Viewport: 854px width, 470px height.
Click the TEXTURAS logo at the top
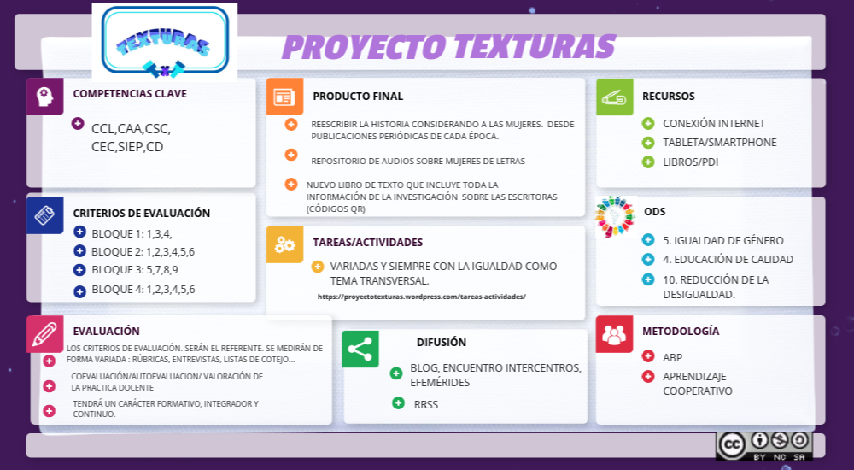click(x=164, y=42)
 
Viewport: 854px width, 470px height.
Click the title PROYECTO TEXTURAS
click(x=448, y=47)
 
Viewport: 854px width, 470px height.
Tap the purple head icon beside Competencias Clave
click(x=44, y=96)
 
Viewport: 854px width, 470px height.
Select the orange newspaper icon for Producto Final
click(x=284, y=97)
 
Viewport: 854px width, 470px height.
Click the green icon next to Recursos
click(x=614, y=97)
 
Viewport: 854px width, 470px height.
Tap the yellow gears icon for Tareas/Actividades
click(x=284, y=244)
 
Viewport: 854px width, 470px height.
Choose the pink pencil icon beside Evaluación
click(x=44, y=334)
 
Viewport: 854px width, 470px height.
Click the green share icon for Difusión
click(x=360, y=349)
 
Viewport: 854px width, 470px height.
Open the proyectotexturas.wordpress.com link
click(x=421, y=297)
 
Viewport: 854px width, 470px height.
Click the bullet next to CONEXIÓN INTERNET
click(x=648, y=123)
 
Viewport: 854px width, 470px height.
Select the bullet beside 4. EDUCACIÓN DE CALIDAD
click(x=648, y=259)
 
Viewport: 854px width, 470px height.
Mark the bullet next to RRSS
click(x=398, y=403)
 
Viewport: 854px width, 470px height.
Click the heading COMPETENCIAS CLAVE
click(x=130, y=94)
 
